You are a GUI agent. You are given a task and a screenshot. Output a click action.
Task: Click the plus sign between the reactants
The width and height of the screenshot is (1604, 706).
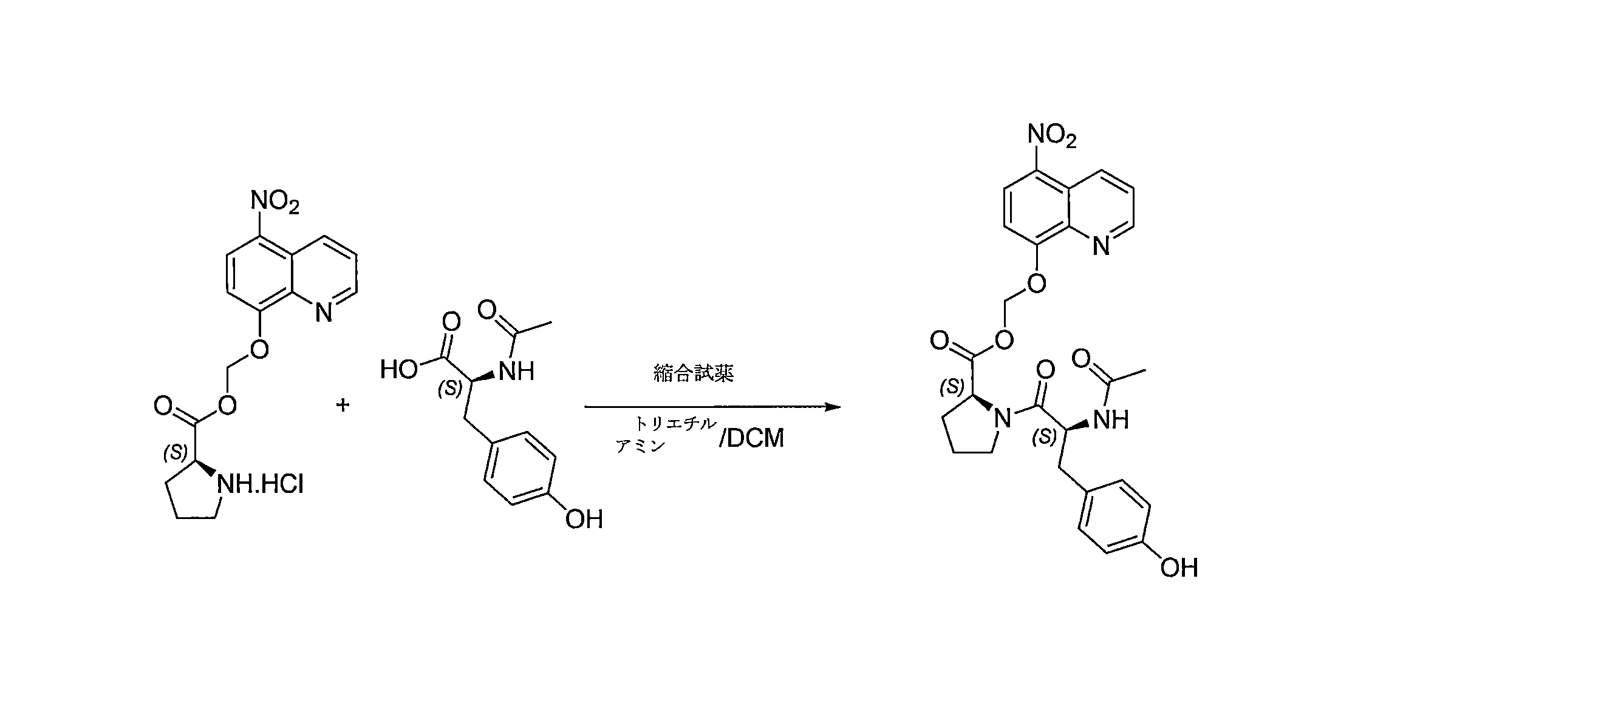point(343,406)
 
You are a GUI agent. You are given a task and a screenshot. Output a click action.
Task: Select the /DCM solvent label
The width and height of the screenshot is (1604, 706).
point(751,438)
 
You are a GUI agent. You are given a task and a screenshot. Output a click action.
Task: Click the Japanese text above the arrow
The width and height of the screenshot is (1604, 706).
point(694,373)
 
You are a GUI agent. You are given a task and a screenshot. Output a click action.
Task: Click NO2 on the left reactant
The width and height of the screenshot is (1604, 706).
point(275,202)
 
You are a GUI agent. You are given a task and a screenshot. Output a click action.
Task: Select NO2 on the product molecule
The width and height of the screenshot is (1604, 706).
point(1052,136)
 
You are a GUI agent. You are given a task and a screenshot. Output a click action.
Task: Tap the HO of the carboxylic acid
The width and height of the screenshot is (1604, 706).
point(398,370)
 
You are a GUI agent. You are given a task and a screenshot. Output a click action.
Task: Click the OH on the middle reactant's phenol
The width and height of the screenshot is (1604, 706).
point(584,519)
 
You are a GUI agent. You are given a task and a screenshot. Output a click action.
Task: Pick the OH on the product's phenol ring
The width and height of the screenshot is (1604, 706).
point(1179,568)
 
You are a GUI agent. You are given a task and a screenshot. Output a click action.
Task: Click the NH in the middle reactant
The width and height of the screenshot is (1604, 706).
point(516,372)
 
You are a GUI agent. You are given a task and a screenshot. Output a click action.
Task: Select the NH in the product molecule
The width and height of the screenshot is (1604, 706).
point(1111,420)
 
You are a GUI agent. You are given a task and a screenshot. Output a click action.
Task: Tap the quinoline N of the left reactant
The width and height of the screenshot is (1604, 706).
point(324,312)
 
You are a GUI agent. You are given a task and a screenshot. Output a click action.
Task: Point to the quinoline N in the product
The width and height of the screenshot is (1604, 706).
point(1101,246)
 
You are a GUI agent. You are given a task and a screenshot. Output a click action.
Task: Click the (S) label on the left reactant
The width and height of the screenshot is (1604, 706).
point(176,453)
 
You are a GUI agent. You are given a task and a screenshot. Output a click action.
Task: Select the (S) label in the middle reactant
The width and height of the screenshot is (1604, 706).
point(449,389)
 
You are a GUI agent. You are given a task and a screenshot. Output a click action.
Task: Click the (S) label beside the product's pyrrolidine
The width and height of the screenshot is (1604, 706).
point(952,387)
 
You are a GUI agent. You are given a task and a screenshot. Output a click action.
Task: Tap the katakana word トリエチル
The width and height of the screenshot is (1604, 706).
point(675,424)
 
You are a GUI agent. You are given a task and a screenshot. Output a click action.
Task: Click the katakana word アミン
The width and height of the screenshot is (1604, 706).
point(641,446)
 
